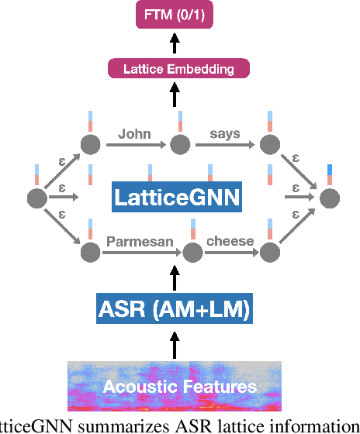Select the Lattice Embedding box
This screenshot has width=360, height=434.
click(178, 69)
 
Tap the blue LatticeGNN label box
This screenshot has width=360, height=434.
click(177, 197)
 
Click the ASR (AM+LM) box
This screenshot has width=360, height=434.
click(175, 309)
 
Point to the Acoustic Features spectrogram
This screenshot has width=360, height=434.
click(174, 385)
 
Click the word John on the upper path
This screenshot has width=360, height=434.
click(134, 133)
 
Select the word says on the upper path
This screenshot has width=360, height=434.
click(225, 133)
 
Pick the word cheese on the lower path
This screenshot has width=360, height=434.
click(230, 241)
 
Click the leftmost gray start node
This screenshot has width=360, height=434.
click(36, 198)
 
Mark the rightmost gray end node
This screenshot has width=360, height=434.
click(330, 198)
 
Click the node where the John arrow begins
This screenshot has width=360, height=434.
click(90, 143)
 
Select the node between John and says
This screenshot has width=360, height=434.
click(180, 143)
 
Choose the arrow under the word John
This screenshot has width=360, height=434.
click(136, 144)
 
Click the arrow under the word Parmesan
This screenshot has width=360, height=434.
click(140, 252)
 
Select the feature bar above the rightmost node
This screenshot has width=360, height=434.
click(330, 175)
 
